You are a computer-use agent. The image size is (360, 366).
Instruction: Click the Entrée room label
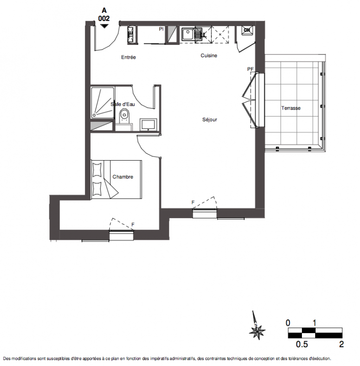tap(129, 57)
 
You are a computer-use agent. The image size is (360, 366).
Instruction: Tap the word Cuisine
tap(209, 55)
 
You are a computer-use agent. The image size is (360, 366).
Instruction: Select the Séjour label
tap(210, 119)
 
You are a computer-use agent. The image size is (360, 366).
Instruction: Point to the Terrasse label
tap(291, 108)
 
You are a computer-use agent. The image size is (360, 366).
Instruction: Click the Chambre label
tap(123, 177)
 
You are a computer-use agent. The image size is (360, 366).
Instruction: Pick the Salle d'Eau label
tap(123, 104)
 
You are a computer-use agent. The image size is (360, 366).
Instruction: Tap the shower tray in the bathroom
tap(102, 102)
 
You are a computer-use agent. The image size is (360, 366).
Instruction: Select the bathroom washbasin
tap(148, 125)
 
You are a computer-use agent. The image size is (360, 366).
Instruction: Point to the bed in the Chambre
tap(116, 179)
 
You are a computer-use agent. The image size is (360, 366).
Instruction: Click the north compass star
tap(257, 331)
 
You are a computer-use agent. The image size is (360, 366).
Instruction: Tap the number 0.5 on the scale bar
tap(302, 344)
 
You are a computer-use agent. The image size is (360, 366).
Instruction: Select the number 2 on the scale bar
tap(341, 344)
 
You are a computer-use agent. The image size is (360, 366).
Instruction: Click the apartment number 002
tap(104, 18)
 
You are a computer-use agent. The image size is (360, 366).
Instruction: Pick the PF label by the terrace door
tap(250, 69)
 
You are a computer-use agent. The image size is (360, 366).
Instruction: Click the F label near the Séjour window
tap(193, 202)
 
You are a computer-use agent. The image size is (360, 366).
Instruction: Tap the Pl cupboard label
tap(161, 29)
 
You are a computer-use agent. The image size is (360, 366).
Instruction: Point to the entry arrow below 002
tap(104, 26)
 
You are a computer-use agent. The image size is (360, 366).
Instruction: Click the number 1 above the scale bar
tap(314, 323)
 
